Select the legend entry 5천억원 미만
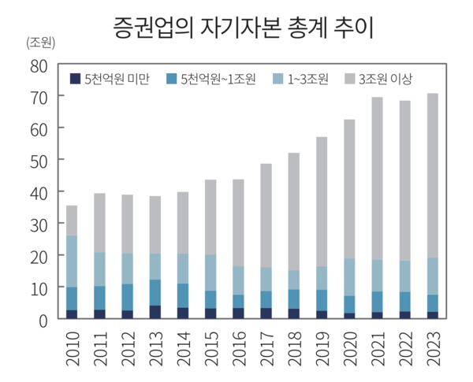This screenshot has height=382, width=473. point(110,79)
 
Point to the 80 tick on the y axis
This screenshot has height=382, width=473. point(39,65)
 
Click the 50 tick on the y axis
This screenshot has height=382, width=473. point(39,160)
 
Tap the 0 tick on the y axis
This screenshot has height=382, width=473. point(44,320)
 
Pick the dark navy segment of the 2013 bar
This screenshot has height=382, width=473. point(155,312)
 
